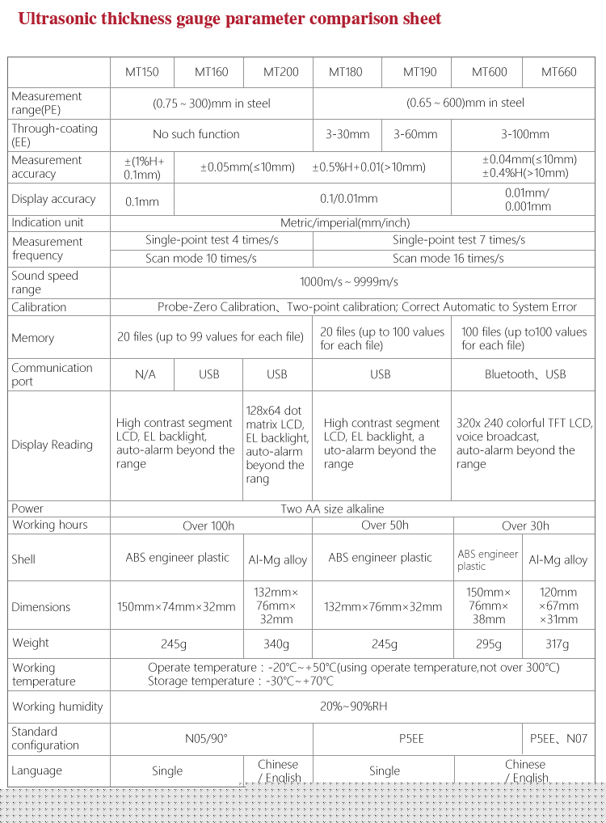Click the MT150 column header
point(142,72)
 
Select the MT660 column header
point(559,72)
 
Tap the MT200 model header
point(281,72)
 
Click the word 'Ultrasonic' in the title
point(57,19)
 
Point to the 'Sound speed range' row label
point(45,282)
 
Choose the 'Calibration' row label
point(39,307)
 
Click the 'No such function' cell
point(196,134)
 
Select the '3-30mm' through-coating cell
point(347,134)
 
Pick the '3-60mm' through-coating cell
point(415,134)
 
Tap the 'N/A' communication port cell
point(145,374)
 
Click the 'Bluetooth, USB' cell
point(525,374)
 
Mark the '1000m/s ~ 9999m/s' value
point(348,282)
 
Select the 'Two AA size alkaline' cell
point(332,509)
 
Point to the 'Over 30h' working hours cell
point(525,525)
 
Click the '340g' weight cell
point(276,644)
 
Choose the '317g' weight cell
point(558,644)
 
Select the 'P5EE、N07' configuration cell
point(558,738)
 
